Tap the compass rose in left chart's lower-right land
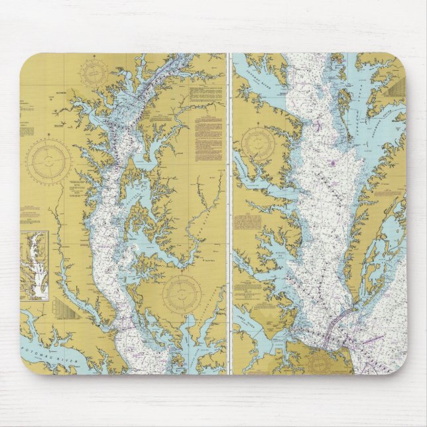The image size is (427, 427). [182, 292]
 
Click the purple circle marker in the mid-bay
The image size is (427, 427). [332, 162]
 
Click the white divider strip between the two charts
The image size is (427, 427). [229, 212]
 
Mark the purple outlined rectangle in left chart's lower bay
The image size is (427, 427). [123, 324]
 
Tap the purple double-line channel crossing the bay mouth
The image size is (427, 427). [332, 325]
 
